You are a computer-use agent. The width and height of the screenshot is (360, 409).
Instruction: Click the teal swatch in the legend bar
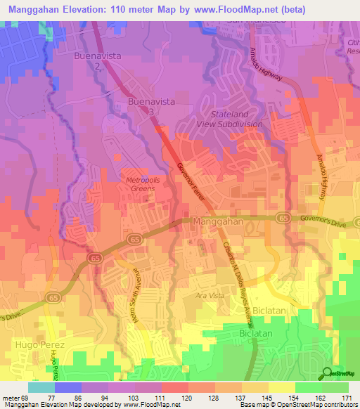coord(41,387)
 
